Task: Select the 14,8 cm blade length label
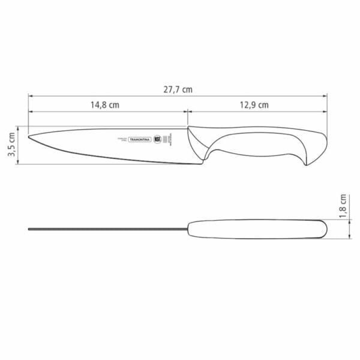click(105, 104)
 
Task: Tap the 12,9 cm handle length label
click(254, 104)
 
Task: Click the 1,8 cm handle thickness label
click(343, 207)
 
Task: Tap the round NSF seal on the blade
click(158, 139)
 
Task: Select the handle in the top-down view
click(258, 229)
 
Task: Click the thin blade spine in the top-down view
click(108, 229)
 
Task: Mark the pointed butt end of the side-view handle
click(308, 165)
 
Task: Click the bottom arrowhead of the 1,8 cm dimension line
click(349, 238)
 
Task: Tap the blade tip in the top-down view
click(29, 229)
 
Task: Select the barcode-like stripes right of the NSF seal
click(170, 139)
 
